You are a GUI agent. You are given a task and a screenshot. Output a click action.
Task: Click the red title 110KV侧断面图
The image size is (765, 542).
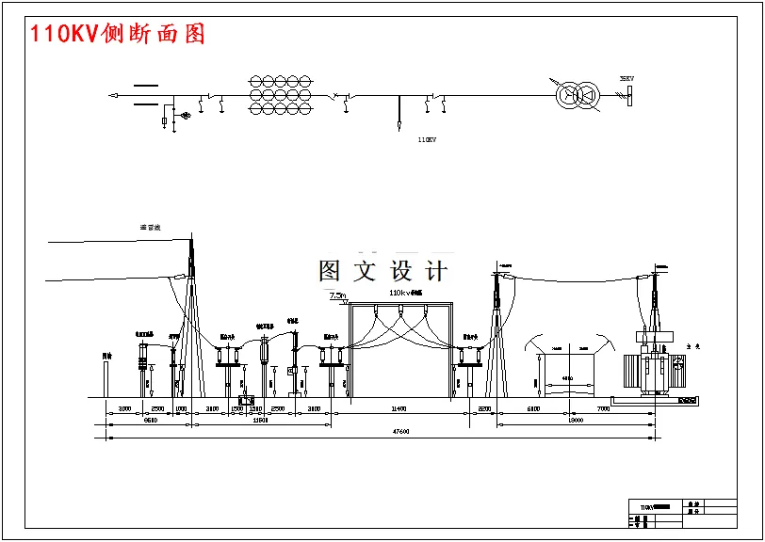coord(118,35)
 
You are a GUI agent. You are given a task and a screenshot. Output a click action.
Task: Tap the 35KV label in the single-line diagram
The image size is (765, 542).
coord(627,78)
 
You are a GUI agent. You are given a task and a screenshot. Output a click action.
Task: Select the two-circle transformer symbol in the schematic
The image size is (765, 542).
coord(577,94)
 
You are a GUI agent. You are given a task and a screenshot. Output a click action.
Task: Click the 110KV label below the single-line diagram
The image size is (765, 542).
coord(427,140)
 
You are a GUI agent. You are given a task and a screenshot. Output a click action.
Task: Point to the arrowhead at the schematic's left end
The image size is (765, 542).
coord(113,95)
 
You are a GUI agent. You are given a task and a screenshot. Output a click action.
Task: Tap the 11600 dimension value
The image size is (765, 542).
coord(262,421)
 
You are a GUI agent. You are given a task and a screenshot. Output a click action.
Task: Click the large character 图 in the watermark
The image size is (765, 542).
coord(330,271)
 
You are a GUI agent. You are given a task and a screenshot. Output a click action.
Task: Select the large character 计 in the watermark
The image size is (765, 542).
coord(436,271)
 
